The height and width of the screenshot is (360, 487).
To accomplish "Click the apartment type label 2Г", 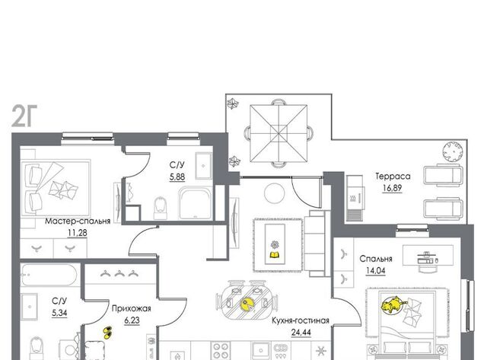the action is (24, 116).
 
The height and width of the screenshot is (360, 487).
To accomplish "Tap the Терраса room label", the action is (393, 177).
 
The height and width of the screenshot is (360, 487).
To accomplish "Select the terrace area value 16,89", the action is (393, 188).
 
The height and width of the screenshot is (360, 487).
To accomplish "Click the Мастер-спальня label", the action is (78, 221).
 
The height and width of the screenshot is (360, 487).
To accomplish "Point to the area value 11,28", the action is (78, 233).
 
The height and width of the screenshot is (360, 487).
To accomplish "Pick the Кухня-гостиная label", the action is (301, 320).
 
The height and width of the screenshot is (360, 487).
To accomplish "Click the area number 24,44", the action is (301, 333).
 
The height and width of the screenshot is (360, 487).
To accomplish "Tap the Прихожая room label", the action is (132, 308).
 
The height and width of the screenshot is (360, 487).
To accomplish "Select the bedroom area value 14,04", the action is (375, 270).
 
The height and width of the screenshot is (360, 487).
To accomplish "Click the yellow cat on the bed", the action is (393, 304).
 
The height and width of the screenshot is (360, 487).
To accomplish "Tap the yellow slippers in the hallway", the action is (107, 333).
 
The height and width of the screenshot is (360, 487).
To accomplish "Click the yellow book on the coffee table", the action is (275, 255).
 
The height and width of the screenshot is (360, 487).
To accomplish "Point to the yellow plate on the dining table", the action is (247, 304).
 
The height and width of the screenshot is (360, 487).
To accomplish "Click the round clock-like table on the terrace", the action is (454, 152).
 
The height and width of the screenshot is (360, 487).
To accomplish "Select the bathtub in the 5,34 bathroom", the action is (49, 275).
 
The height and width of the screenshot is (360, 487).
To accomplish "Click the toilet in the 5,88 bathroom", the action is (161, 208).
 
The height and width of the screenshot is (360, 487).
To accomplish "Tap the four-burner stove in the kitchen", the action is (220, 351).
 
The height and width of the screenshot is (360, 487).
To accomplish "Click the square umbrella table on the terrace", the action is (279, 133).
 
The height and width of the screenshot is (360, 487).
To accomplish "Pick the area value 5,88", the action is (177, 177).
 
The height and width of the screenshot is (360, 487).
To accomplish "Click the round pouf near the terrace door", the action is (274, 193).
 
